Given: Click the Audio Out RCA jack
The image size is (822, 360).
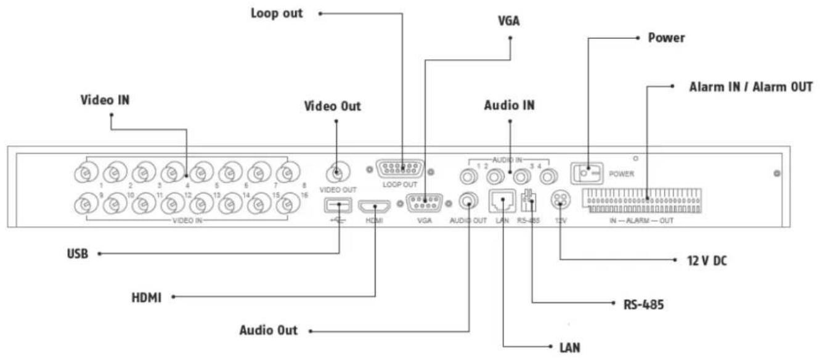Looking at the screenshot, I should coord(470,202).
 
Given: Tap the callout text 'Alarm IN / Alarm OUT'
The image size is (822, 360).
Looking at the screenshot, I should coord(749,87).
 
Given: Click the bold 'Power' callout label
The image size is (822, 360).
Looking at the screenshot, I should coord(667,38).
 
